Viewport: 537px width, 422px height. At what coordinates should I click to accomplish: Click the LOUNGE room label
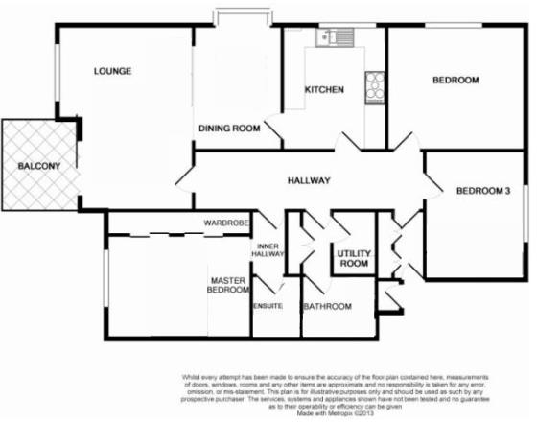112,71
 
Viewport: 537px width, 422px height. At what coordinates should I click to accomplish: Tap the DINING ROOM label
230,129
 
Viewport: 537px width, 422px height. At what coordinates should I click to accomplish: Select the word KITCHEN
324,90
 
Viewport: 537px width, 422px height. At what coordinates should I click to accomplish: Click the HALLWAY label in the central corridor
309,180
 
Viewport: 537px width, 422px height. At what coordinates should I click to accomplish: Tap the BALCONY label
38,168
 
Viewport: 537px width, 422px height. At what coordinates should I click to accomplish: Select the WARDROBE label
226,223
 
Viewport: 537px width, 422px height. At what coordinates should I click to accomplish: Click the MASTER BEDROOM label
229,286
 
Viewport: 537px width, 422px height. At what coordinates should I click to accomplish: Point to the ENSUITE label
268,306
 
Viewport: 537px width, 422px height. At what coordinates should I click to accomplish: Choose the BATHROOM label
327,307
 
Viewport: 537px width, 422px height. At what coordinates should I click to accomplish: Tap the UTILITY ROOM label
352,258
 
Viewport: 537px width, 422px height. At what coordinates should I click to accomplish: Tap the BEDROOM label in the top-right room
455,81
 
